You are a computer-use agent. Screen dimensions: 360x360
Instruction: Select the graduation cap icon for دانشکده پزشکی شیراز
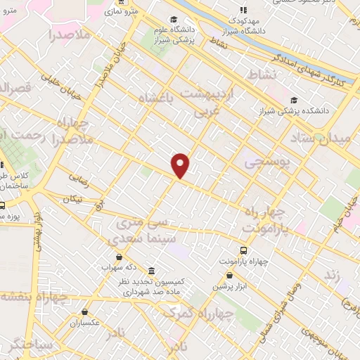[x=293, y=100]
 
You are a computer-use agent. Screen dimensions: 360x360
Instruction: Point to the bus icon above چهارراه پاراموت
[x=243, y=250]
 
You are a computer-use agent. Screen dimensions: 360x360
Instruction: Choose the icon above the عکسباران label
[x=84, y=312]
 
